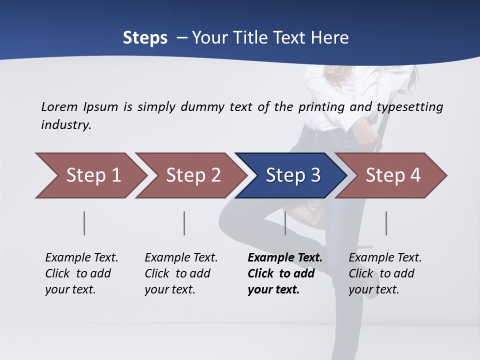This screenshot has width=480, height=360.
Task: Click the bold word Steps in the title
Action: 145,38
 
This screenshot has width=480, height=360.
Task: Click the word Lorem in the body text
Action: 59,106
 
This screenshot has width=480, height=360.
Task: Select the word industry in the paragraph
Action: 65,124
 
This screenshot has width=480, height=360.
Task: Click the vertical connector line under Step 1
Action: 84,223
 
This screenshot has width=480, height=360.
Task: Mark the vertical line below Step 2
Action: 184,223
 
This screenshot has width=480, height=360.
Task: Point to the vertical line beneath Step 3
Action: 285,223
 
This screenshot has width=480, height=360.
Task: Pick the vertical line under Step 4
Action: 386,223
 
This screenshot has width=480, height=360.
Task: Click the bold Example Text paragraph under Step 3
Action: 284,273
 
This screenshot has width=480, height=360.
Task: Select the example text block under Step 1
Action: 81,273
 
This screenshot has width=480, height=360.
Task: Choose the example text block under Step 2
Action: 181,273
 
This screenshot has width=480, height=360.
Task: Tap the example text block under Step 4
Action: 385,273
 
